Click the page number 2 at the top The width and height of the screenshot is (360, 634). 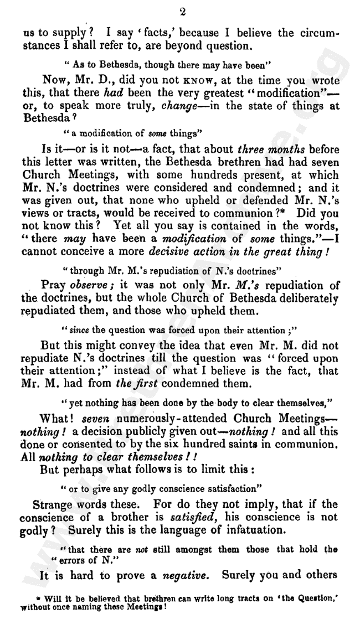coord(181,12)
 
